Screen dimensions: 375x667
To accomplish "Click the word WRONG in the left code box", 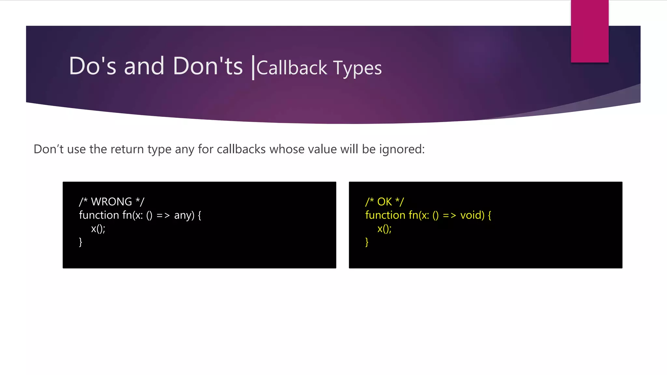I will (111, 202).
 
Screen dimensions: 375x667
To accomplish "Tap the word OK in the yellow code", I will (384, 202).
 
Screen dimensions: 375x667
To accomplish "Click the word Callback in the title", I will (291, 68).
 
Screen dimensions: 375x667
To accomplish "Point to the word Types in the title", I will (357, 69).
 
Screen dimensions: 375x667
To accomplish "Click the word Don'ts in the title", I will (208, 66).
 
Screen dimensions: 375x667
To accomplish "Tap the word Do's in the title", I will (92, 66).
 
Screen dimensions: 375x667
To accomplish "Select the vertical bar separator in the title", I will (253, 68).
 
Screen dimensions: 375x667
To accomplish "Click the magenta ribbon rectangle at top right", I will (589, 31).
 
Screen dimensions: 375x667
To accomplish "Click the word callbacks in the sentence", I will (241, 149).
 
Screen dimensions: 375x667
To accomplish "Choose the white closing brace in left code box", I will (80, 242).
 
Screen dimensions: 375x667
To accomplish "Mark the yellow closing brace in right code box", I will (367, 242).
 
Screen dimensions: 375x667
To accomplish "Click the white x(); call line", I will (98, 229).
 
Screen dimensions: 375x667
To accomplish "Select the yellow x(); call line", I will (384, 229).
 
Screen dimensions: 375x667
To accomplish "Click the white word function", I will (99, 215).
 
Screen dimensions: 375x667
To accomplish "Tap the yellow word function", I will (385, 215).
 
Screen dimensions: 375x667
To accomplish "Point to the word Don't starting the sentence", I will (49, 149).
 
